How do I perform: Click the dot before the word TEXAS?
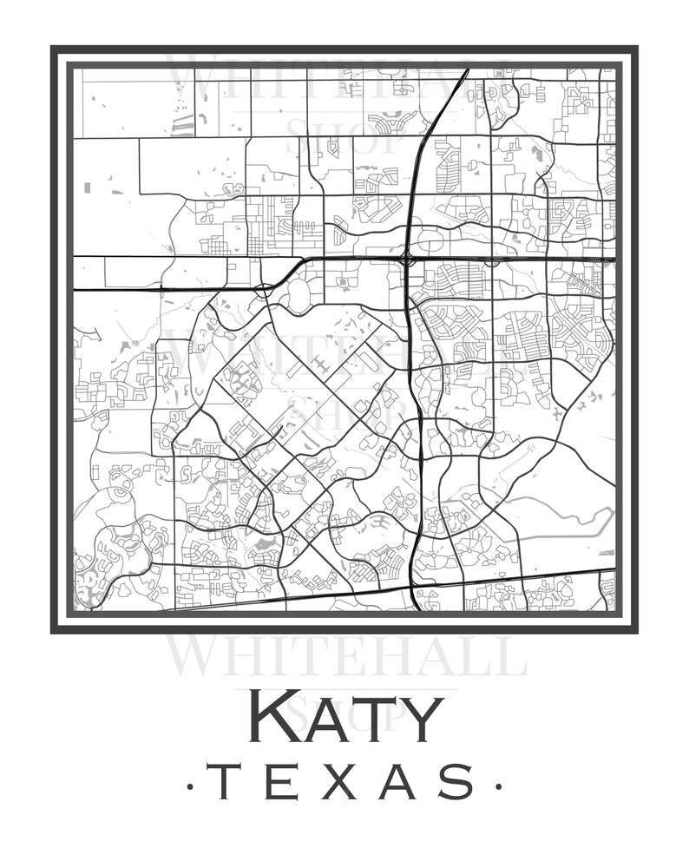point(190,787)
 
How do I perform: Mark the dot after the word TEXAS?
point(498,787)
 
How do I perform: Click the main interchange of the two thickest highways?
point(407,259)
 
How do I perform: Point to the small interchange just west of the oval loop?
point(265,290)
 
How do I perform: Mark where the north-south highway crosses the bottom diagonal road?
point(410,585)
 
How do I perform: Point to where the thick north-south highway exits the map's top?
point(467,70)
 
